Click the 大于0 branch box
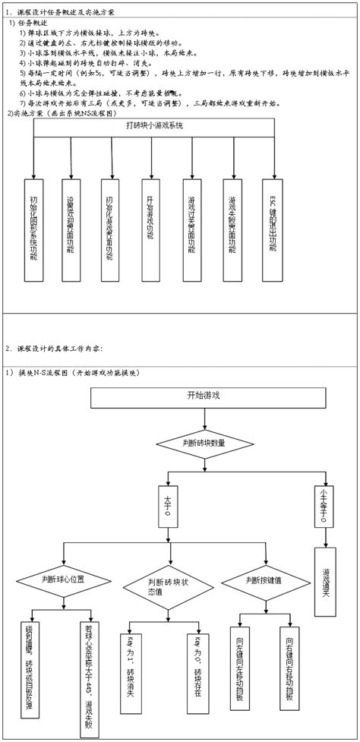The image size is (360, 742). (x=168, y=507)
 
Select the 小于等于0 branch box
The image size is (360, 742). (x=327, y=507)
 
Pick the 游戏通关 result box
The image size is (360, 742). (x=327, y=581)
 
